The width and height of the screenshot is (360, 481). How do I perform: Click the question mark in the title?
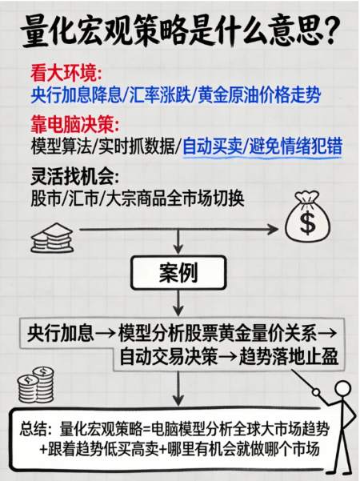point(331,30)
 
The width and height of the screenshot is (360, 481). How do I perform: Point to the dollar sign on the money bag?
point(307,222)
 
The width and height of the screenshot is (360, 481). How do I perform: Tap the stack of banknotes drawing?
point(52,238)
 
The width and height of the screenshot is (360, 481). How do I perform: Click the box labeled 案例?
point(178,273)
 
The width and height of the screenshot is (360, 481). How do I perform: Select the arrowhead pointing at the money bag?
point(272,229)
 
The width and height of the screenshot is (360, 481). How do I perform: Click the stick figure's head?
point(342,390)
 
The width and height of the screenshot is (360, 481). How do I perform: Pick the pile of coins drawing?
point(36,385)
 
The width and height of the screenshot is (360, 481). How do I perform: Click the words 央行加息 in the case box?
point(61,333)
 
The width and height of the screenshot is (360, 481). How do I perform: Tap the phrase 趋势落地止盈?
point(289,356)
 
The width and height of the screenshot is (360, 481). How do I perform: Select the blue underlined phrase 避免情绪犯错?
point(296,146)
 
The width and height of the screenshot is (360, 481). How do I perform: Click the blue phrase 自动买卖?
point(212,146)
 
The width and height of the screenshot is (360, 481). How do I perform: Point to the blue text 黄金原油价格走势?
point(259,95)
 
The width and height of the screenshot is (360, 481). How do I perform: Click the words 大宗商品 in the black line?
point(136,198)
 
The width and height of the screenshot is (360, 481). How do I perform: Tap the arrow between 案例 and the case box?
point(178,303)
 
